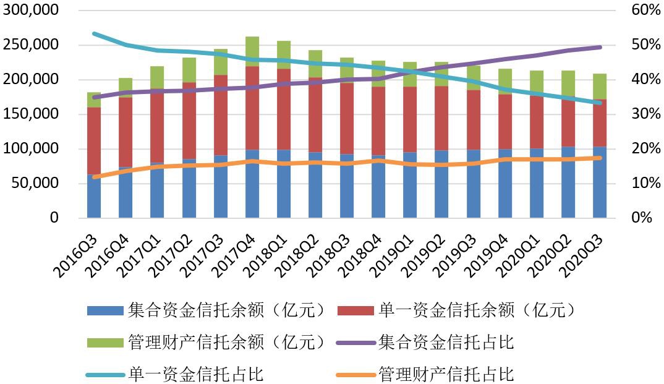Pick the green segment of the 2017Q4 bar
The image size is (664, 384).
tap(252, 51)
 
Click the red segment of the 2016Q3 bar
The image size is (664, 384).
tap(94, 140)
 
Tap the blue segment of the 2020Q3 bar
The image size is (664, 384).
tap(600, 182)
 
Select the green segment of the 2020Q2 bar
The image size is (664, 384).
tap(568, 84)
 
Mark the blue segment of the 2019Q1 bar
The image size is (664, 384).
tap(410, 186)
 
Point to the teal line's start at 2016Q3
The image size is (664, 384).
tap(94, 33)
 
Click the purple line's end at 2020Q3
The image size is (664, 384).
tap(600, 47)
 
